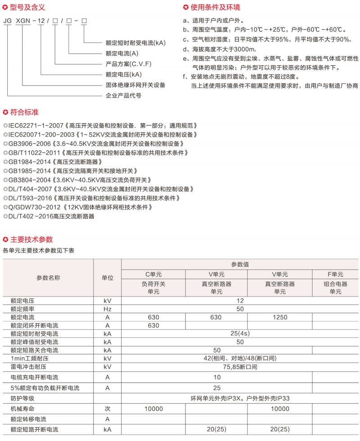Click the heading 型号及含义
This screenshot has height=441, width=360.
[x=27, y=7]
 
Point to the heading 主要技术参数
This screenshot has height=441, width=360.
[x=31, y=239]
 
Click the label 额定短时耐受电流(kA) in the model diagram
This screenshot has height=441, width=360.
[x=135, y=43]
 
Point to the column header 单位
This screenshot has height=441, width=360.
[x=108, y=278]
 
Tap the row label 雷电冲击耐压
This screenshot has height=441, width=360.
[x=28, y=367]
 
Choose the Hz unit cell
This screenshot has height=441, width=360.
[x=108, y=309]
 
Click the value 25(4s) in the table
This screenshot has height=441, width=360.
[x=239, y=334]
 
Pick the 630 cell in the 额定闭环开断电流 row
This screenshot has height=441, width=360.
[x=153, y=325]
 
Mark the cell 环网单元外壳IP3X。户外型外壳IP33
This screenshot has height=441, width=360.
[x=239, y=398]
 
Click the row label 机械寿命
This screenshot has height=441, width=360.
[x=22, y=409]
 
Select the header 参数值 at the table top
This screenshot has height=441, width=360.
[x=239, y=264]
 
